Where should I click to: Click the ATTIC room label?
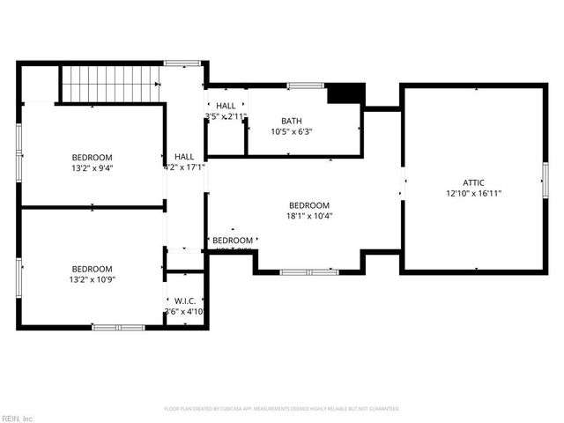[473, 182]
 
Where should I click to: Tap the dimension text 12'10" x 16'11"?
[473, 193]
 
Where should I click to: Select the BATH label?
[292, 121]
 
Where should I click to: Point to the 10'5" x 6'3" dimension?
[292, 132]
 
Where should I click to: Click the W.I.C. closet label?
[184, 300]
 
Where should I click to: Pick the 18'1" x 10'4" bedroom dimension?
[308, 215]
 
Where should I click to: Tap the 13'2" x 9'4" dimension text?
[93, 167]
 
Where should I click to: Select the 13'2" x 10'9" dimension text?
[93, 280]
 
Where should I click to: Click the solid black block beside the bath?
[345, 93]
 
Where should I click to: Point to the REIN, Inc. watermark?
[18, 418]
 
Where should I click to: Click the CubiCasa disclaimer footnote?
[282, 409]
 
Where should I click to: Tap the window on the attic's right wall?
[545, 180]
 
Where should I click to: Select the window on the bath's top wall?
[305, 85]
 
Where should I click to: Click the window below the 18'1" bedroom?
[308, 272]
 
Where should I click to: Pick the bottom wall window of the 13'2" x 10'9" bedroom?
[118, 327]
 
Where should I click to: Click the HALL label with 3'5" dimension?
[226, 106]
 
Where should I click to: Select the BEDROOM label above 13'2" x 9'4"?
[93, 157]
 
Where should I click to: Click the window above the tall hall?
[182, 63]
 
